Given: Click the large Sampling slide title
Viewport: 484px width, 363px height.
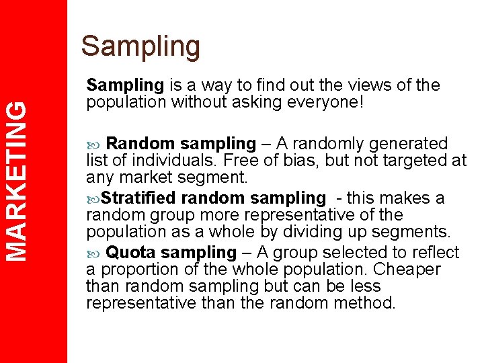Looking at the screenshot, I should [x=140, y=46].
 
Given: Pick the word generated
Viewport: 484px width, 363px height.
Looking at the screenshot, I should [x=409, y=144].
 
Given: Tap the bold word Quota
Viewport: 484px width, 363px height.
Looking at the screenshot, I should [x=131, y=253].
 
